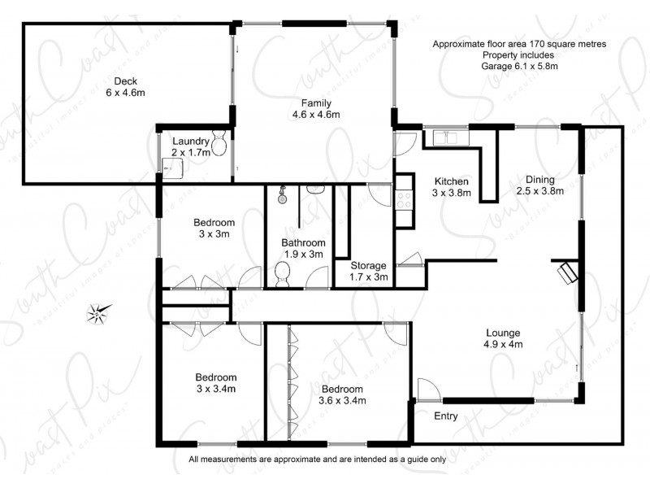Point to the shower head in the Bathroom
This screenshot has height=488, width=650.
click(x=281, y=196)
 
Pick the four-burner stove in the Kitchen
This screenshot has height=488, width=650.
click(x=403, y=200)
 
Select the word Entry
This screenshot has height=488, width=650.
click(x=445, y=416)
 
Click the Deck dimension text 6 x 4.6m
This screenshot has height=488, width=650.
click(x=124, y=93)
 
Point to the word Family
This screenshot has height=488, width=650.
click(x=315, y=102)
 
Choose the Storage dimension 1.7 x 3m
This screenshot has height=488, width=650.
click(x=368, y=277)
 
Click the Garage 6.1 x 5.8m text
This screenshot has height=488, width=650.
click(x=519, y=66)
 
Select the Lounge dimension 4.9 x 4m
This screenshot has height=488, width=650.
click(x=503, y=344)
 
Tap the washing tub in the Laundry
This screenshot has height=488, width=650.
click(x=171, y=166)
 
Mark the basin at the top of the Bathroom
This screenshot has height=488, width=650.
click(x=316, y=190)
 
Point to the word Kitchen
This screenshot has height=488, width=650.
click(x=450, y=181)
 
